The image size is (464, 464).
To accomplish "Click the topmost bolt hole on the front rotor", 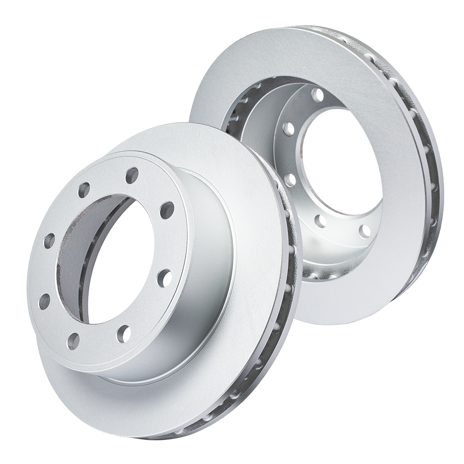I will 132,174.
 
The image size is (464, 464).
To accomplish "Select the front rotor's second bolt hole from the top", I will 84,189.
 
